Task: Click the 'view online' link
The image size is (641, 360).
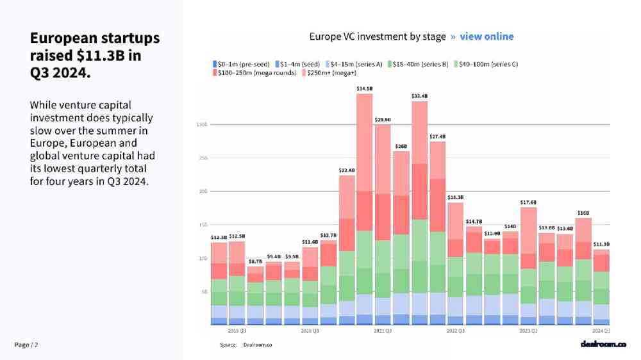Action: point(487,37)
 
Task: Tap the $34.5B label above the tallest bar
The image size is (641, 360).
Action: point(365,88)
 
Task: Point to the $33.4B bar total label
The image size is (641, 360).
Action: point(419,96)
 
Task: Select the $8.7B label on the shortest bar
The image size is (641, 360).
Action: point(255,261)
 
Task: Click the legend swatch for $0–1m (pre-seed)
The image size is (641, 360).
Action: point(215,64)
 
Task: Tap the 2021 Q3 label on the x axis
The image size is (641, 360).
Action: point(383,331)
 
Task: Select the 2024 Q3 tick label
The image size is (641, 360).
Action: point(601,331)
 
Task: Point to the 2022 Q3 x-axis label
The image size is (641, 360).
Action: point(456,331)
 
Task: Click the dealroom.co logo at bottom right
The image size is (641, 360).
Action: point(603,345)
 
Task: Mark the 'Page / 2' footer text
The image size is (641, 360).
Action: point(26,345)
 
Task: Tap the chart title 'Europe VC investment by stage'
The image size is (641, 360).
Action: point(378,37)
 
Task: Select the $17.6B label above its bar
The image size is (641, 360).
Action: point(528,202)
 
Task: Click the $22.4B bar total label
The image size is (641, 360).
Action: point(347,170)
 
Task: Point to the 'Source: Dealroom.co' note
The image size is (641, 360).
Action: point(246,345)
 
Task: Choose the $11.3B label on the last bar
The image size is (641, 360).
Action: point(601,244)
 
